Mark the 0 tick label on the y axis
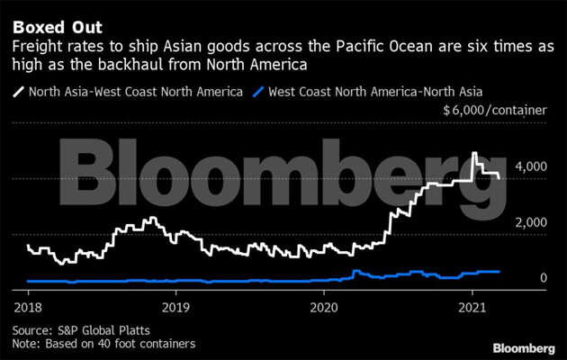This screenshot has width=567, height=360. click(x=543, y=278)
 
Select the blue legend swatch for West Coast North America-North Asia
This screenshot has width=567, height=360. click(x=260, y=91)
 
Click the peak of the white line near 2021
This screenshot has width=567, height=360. click(x=475, y=154)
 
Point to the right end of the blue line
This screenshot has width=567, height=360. click(x=499, y=271)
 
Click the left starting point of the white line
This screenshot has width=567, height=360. click(x=28, y=245)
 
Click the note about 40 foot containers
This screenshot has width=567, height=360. click(x=103, y=344)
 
